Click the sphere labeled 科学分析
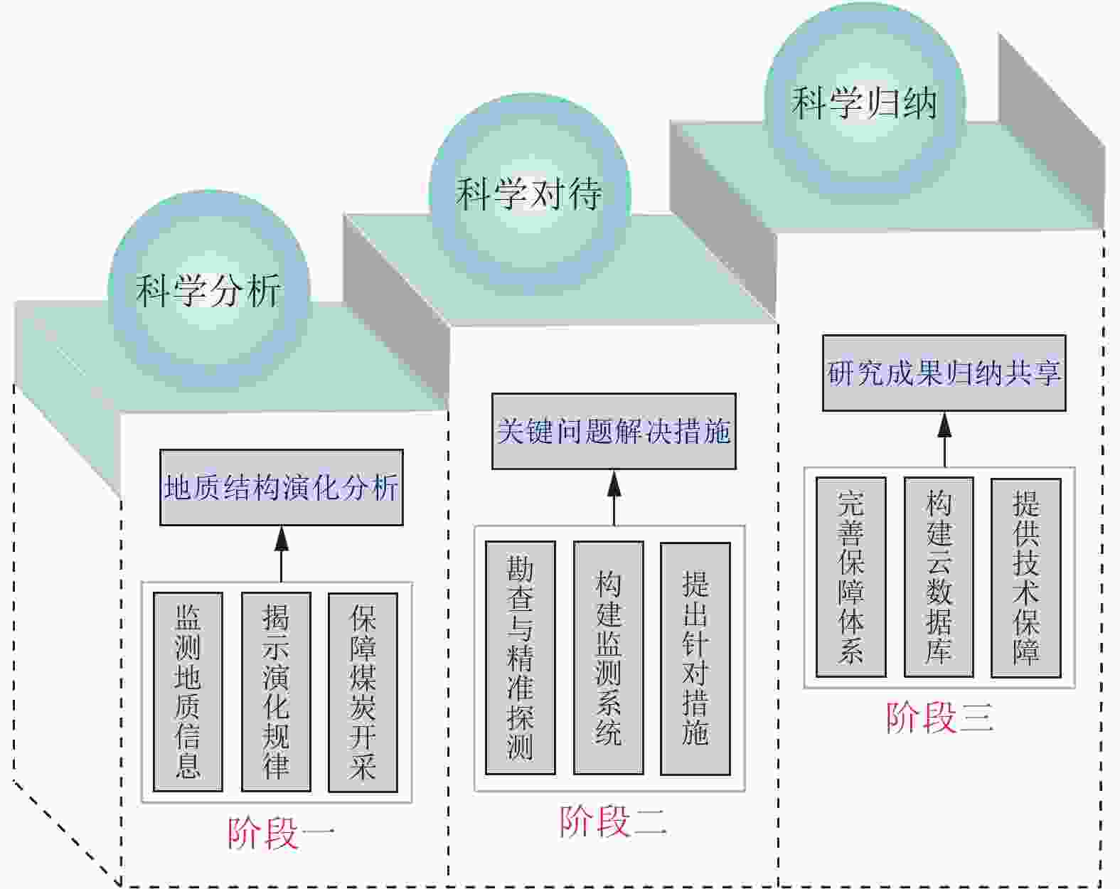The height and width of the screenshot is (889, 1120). click(209, 290)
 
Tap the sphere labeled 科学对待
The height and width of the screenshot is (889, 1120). click(529, 193)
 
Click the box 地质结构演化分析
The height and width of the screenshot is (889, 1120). click(281, 488)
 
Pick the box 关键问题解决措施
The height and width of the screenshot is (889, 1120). click(614, 432)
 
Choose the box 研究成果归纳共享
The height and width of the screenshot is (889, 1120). click(944, 373)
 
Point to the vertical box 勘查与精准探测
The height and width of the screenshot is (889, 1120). click(520, 658)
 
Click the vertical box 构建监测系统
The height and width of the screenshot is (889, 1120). click(608, 658)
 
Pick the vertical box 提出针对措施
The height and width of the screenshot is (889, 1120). click(695, 658)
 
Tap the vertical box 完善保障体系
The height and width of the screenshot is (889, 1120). click(850, 577)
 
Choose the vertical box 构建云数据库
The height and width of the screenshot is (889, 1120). click(939, 577)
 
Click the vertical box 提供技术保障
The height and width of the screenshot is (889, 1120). click(1025, 577)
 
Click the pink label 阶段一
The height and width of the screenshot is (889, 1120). click(280, 833)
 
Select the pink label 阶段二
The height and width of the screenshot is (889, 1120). click(612, 822)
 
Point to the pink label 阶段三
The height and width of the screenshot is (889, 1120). click(939, 717)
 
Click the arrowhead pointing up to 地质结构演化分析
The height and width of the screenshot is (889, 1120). click(282, 538)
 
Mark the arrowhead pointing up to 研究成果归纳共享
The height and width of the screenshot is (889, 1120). click(944, 424)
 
